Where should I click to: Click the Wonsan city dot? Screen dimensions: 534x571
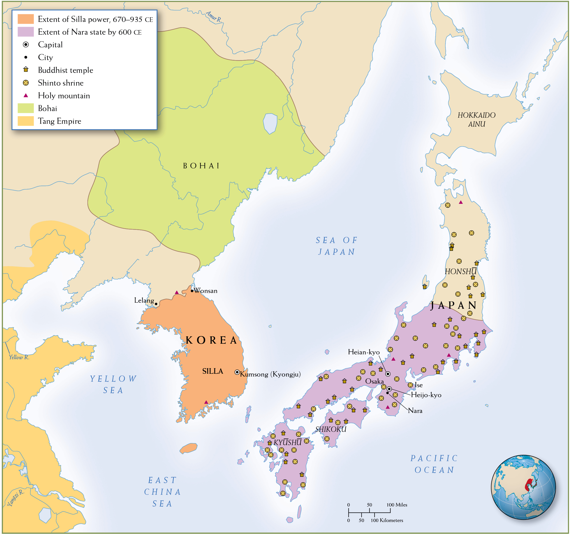click(192, 291)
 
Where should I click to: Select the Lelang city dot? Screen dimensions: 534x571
click(156, 304)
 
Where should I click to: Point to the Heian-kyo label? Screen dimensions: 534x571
click(364, 352)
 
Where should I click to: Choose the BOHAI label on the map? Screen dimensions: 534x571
click(201, 166)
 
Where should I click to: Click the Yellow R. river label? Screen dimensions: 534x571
click(19, 357)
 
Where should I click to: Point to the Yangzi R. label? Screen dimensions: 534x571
click(16, 498)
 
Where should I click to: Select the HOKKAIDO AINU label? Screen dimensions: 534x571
click(476, 119)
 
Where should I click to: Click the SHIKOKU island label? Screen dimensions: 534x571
click(331, 429)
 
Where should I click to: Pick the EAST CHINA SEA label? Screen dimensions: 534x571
click(162, 492)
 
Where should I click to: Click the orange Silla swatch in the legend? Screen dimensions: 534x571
click(25, 19)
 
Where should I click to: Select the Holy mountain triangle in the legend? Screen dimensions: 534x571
click(26, 95)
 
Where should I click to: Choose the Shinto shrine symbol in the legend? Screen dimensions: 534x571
click(26, 83)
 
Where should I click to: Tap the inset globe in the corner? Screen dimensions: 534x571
click(523, 487)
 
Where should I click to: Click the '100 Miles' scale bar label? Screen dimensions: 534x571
click(397, 505)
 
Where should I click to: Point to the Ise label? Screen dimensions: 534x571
click(419, 385)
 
